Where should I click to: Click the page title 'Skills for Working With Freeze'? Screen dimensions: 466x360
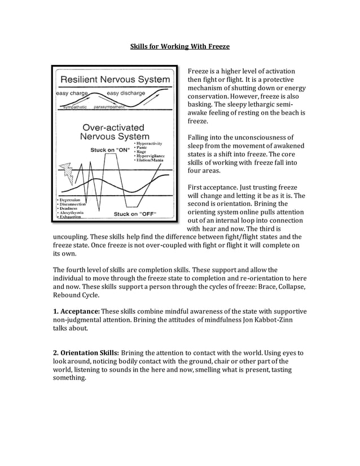(x=180, y=45)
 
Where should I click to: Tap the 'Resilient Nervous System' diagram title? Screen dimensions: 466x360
(x=115, y=80)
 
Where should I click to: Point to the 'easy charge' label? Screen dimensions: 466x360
(x=71, y=93)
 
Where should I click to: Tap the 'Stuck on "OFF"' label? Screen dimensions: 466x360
(x=135, y=214)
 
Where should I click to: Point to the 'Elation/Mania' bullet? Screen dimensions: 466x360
(x=150, y=160)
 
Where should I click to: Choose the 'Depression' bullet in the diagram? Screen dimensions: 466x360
(x=71, y=200)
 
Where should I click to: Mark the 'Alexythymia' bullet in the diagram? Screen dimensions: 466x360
(x=72, y=212)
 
